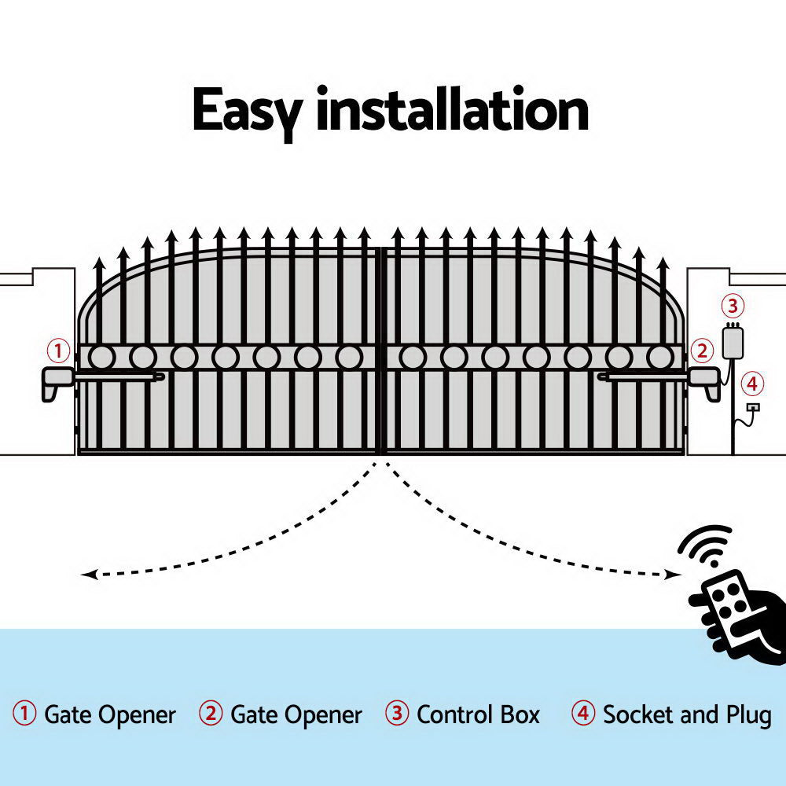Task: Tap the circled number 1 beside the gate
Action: pyautogui.click(x=59, y=350)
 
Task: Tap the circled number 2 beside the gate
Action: pyautogui.click(x=701, y=350)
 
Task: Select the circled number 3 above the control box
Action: pyautogui.click(x=732, y=306)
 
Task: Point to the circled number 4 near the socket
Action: pyautogui.click(x=752, y=384)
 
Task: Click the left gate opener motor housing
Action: pyautogui.click(x=57, y=381)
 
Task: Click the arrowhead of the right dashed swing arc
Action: pyautogui.click(x=674, y=575)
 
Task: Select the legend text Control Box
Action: pyautogui.click(x=478, y=714)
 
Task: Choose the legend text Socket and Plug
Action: pyautogui.click(x=686, y=714)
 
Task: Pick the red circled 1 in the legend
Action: pyautogui.click(x=25, y=714)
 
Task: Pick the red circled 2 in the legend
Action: pyautogui.click(x=211, y=714)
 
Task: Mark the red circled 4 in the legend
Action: pyautogui.click(x=582, y=714)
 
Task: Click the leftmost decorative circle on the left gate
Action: pyautogui.click(x=101, y=358)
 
